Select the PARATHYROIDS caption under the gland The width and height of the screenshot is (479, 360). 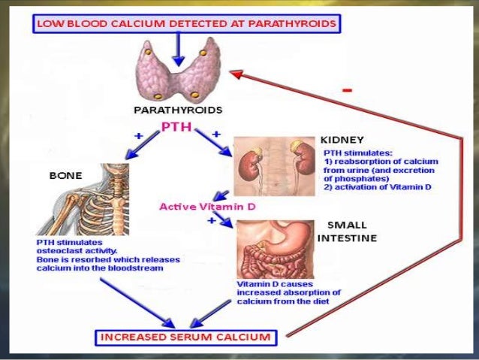tap(177, 110)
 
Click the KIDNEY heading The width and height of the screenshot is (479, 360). tap(342, 140)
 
